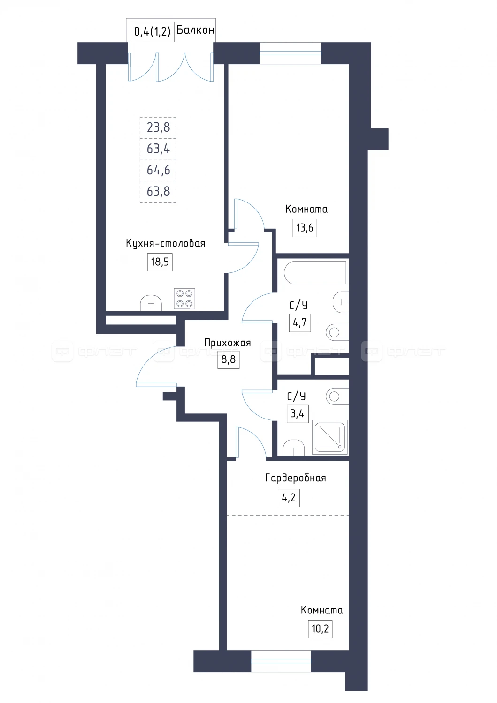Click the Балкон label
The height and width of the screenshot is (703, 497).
tap(195, 30)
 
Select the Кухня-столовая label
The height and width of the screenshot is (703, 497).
tap(165, 243)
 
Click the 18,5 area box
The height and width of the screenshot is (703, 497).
tap(160, 262)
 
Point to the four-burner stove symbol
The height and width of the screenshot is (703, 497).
tap(184, 299)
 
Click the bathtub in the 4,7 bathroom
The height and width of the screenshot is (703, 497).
tap(315, 272)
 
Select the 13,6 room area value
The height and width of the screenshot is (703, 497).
tap(305, 227)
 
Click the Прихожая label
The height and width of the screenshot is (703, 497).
tap(227, 343)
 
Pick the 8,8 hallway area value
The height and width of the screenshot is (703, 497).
tap(228, 359)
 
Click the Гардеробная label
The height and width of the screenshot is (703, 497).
tap(296, 478)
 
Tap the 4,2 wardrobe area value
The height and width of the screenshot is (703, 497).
tap(289, 497)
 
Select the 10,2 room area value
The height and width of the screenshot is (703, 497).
tap(320, 628)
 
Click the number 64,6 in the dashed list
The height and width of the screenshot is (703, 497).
tap(158, 170)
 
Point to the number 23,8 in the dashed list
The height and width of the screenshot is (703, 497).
tap(158, 127)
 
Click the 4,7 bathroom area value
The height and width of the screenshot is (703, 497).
tap(299, 322)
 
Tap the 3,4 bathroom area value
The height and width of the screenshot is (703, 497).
tap(298, 414)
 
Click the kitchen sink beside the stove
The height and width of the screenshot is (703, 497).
tap(151, 303)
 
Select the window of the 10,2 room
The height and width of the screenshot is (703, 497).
tap(281, 661)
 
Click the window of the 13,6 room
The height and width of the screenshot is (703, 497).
tap(291, 53)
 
